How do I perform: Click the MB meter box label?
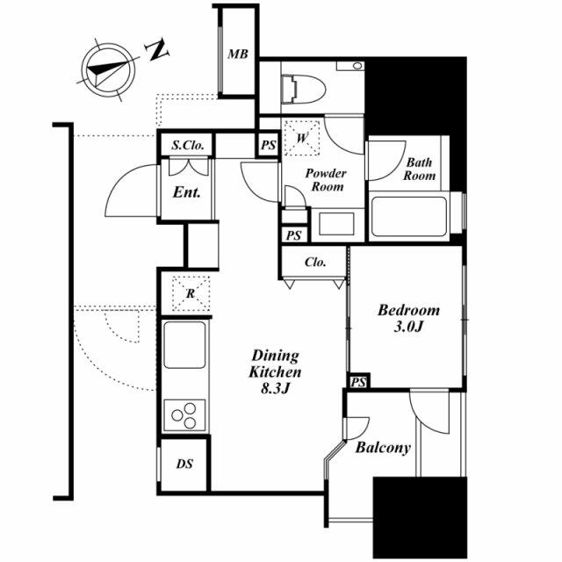click(238, 54)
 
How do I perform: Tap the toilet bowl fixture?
click(303, 89)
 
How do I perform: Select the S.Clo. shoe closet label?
click(188, 145)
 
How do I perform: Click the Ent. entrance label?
click(186, 192)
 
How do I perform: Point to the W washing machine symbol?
click(301, 138)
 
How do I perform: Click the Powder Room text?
click(326, 180)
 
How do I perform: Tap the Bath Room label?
click(420, 169)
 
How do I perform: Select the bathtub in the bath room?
click(409, 216)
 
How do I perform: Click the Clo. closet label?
click(315, 262)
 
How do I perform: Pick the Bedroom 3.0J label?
click(408, 318)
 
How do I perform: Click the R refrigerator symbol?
click(191, 293)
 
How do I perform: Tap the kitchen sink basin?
click(185, 344)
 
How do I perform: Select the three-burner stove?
click(185, 415)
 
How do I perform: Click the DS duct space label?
click(184, 465)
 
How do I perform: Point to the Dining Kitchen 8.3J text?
click(275, 371)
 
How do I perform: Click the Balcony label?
click(383, 448)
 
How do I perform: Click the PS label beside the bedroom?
click(358, 383)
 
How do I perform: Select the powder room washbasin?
click(337, 224)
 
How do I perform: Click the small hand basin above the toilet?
click(350, 66)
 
